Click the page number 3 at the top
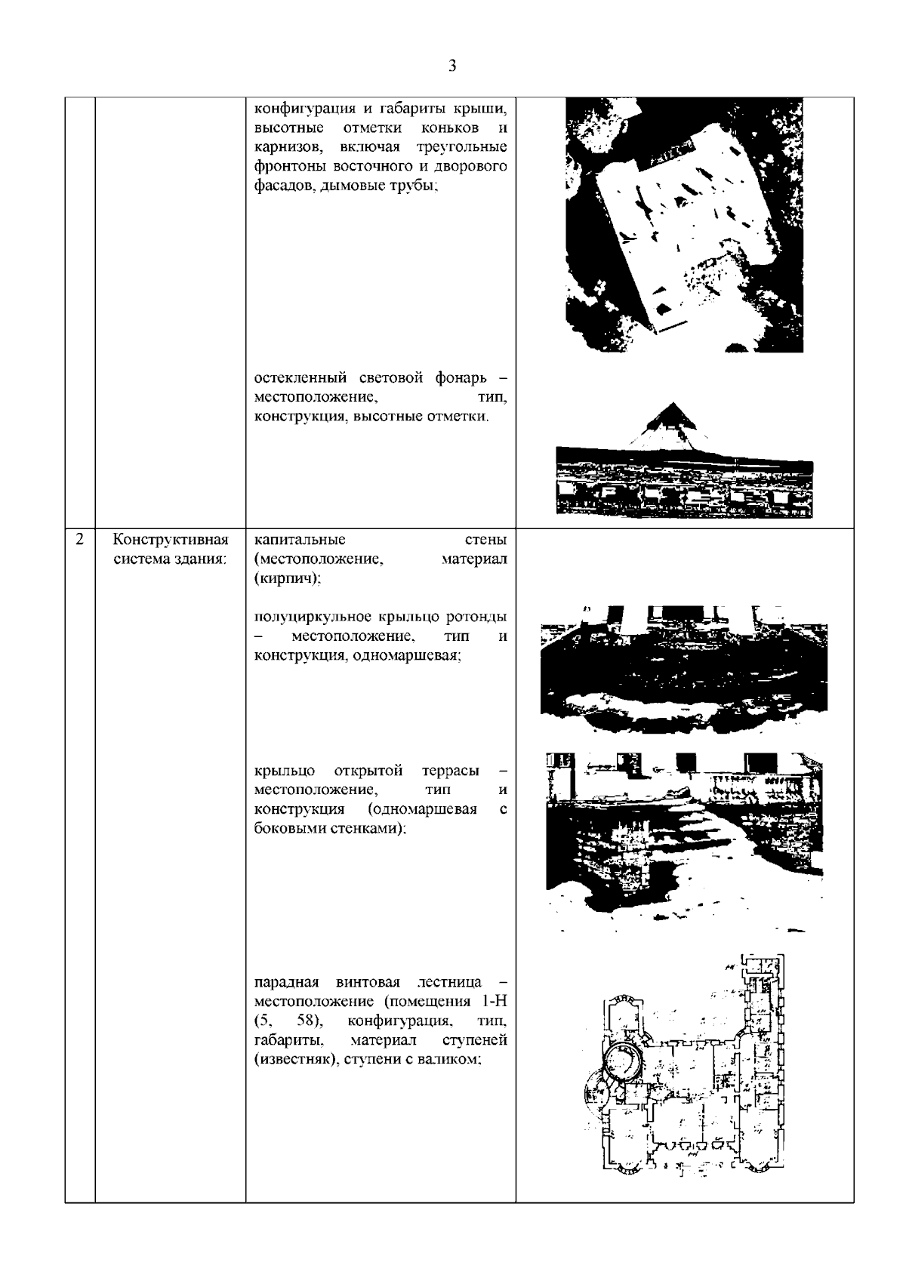(452, 66)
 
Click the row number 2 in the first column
(79, 540)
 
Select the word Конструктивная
(170, 540)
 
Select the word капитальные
(300, 540)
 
